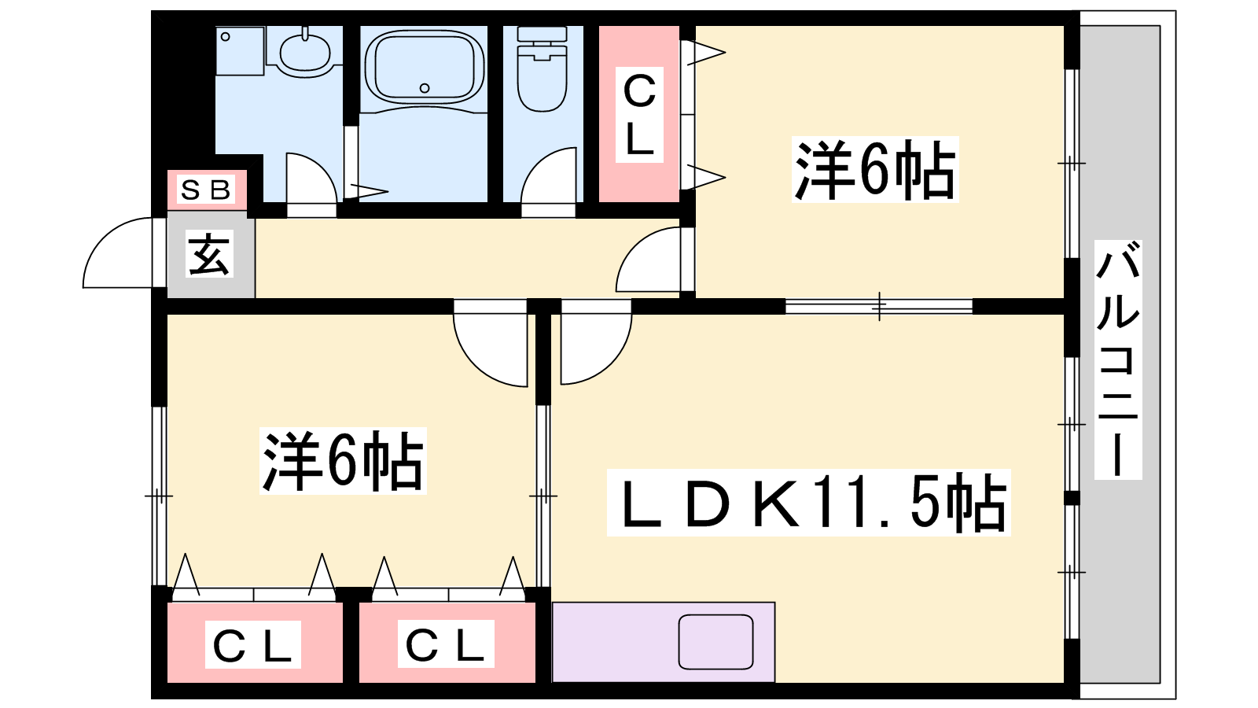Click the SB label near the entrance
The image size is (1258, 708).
(x=206, y=190)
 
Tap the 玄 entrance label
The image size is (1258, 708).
(x=210, y=255)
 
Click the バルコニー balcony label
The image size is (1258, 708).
(x=1117, y=360)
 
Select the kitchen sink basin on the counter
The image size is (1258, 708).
(x=715, y=642)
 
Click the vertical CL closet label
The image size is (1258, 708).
(x=639, y=115)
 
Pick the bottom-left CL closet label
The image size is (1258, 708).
(x=253, y=645)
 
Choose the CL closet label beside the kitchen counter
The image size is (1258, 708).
(x=446, y=644)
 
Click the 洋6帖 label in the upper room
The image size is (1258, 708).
(x=875, y=170)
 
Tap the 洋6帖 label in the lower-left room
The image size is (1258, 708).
(x=343, y=461)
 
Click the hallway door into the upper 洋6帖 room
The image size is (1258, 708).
(x=649, y=260)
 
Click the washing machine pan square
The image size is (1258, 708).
(x=240, y=51)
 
